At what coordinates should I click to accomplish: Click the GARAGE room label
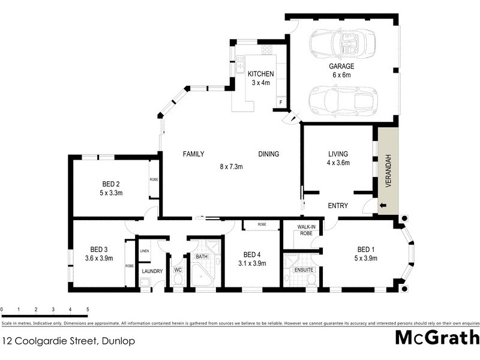coord(341,67)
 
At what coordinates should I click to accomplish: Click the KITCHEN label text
coord(261,74)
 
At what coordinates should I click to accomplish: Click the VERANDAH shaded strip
coord(388,170)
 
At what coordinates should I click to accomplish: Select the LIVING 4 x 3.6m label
coord(338,158)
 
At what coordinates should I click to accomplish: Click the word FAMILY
coord(194,154)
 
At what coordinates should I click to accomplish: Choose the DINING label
coord(268,154)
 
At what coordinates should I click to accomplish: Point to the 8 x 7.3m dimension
coord(231,167)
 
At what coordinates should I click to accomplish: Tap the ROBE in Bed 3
coord(129,265)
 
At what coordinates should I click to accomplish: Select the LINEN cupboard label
coord(144,251)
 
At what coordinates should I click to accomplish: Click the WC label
coord(177,271)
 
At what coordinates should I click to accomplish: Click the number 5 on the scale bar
coord(88,310)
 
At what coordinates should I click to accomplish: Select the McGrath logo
coord(436,337)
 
